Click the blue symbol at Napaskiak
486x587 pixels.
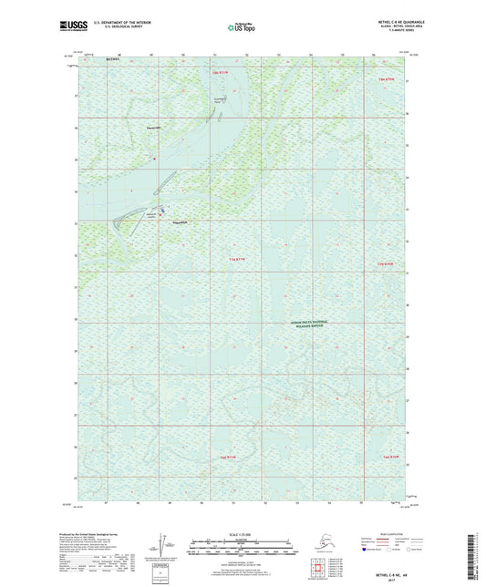coord(163,215)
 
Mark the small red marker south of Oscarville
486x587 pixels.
coord(154,160)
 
